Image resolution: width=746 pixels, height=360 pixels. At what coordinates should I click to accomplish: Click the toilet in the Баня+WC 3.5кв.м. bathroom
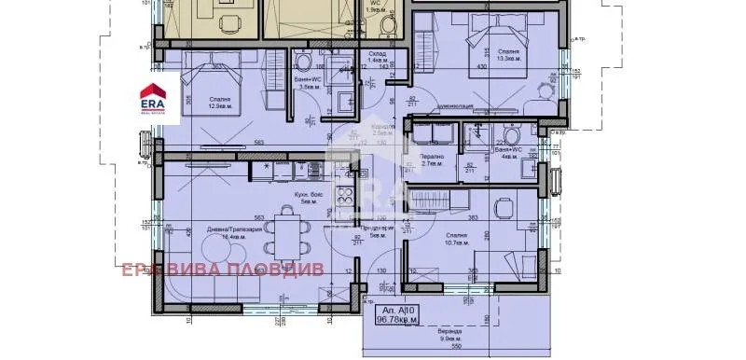pos(302,62)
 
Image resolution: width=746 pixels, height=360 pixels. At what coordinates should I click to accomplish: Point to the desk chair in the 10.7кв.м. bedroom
pos(504,206)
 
